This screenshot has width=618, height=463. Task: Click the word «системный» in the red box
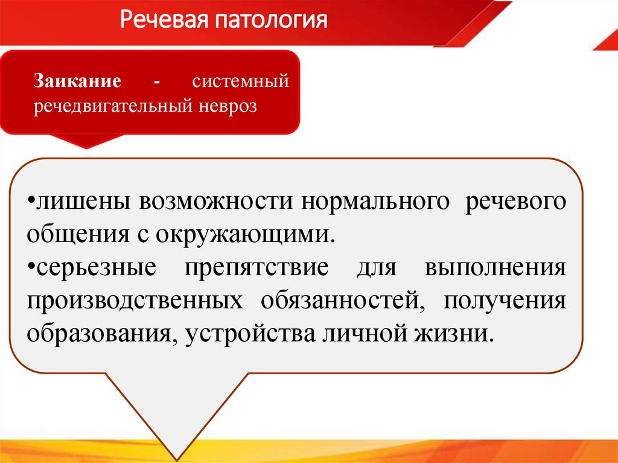pos(241,80)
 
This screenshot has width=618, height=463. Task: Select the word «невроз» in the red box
pos(226,106)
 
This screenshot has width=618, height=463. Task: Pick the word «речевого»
pos(515,202)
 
